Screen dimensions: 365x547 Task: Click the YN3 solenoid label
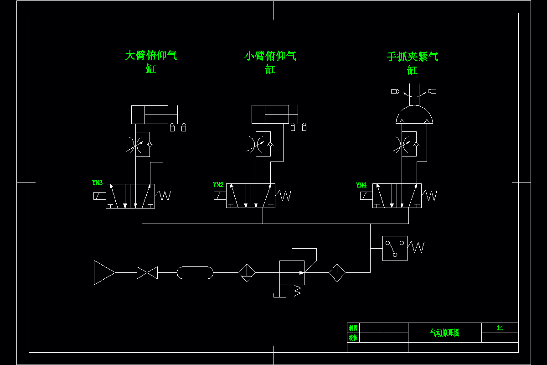click(x=97, y=183)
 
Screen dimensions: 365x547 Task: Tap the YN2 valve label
click(x=218, y=185)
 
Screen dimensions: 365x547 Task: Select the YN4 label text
click(x=361, y=185)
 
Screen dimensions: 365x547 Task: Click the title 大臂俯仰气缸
click(x=151, y=62)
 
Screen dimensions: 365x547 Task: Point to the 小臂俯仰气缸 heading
click(x=270, y=62)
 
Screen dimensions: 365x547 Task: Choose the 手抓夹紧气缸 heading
click(x=413, y=63)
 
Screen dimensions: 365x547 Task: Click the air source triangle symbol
click(x=103, y=272)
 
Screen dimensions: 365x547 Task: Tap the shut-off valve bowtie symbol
click(x=147, y=273)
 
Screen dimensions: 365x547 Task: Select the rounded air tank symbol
click(x=195, y=273)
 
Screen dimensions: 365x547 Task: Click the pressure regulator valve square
click(x=292, y=273)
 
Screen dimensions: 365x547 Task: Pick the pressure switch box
click(x=395, y=249)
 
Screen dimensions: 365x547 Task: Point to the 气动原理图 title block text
click(x=445, y=333)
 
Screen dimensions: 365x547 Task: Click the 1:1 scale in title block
click(x=500, y=328)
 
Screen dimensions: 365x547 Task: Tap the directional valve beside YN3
click(x=130, y=196)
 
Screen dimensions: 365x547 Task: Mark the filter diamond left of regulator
click(x=247, y=273)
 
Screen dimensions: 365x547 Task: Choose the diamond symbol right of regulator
click(x=337, y=273)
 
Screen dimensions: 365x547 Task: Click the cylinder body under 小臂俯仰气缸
click(x=270, y=114)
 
